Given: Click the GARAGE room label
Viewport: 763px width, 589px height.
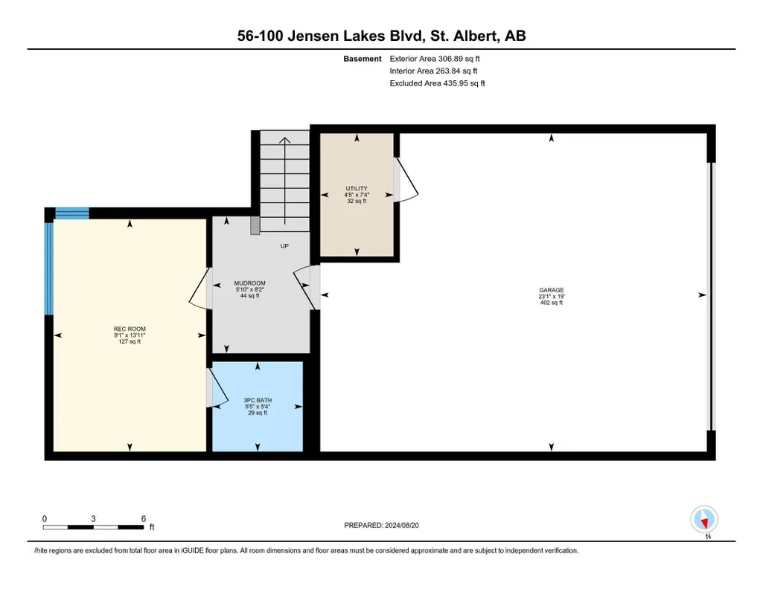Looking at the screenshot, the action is [551, 290].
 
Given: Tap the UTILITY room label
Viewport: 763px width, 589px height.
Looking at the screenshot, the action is [357, 189].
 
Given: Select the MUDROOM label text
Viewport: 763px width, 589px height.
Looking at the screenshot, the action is [249, 283].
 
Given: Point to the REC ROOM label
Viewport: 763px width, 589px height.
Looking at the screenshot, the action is [130, 329].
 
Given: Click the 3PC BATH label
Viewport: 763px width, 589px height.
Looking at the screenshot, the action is [258, 400].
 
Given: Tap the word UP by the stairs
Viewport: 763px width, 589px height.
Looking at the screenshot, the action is [284, 246].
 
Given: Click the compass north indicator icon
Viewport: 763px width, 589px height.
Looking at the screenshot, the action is [704, 520].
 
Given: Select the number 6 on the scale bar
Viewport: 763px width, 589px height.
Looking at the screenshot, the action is [144, 518].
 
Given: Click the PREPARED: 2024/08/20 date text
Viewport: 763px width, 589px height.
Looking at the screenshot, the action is [381, 525].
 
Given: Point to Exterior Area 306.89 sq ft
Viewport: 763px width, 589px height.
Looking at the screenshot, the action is [435, 59].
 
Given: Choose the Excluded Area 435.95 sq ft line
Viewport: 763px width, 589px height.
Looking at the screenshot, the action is [438, 83].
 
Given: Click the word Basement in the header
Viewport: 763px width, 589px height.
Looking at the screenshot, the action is [363, 59].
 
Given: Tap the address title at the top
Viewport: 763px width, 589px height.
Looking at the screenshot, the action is [381, 36].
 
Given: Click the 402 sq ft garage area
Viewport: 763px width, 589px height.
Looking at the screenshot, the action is [552, 303].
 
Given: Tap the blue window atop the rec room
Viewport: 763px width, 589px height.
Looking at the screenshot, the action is [72, 213].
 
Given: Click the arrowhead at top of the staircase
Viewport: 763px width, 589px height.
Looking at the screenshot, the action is [284, 141].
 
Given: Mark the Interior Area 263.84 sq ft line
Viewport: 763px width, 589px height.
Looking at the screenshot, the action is [433, 71].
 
